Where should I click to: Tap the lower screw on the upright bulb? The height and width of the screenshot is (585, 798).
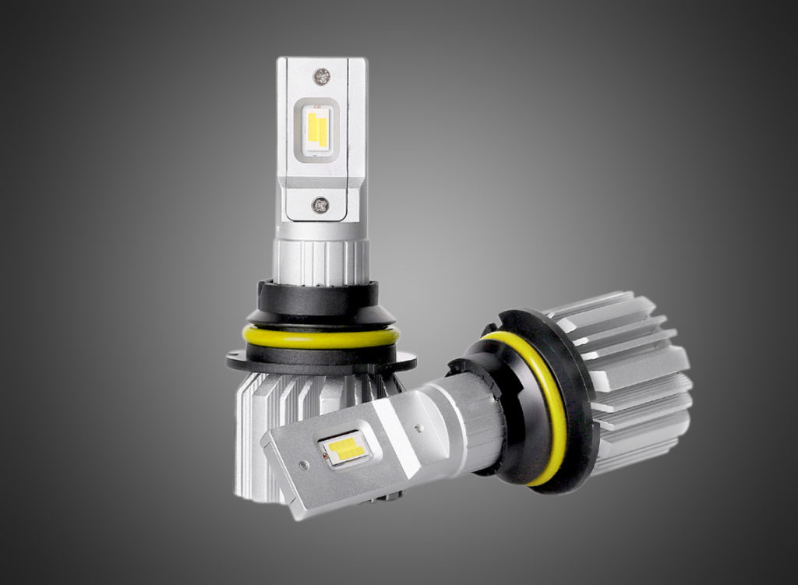pos(320,205)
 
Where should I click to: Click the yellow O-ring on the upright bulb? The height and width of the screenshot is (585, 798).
pos(320,337)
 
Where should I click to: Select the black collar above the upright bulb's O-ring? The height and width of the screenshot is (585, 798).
pos(320,300)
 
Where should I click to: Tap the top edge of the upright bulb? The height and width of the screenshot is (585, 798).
pos(321,59)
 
